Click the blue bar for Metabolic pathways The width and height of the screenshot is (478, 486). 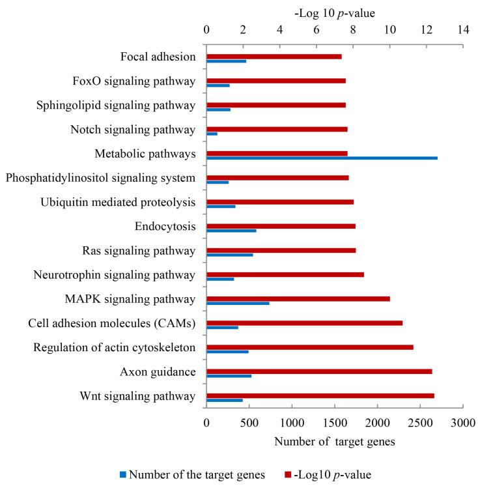322,158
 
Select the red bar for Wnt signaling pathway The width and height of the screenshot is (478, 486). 320,395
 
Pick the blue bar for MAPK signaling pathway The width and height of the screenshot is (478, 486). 238,303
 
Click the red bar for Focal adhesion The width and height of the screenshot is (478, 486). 274,57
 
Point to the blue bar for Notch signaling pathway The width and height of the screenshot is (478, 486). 212,134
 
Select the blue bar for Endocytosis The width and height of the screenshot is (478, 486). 231,231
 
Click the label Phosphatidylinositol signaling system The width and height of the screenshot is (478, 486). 100,178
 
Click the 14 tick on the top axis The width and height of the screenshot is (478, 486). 463,29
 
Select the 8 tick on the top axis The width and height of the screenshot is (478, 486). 353,29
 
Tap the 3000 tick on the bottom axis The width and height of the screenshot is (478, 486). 463,422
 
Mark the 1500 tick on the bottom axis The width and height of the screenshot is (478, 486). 335,422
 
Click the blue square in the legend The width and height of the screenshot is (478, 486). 124,474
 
